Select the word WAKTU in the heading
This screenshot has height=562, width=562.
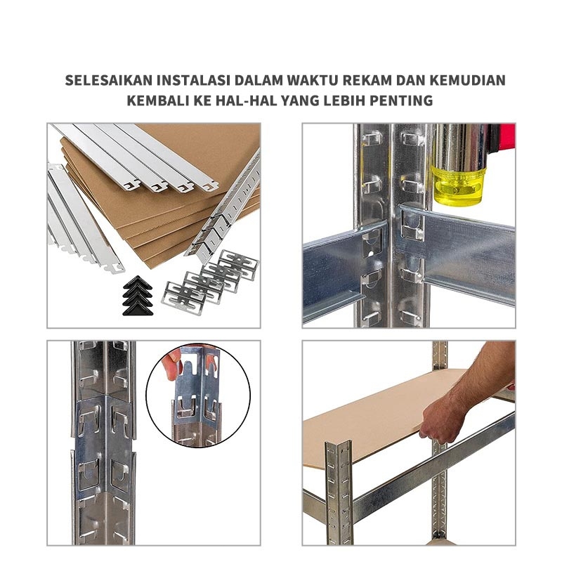(313, 80)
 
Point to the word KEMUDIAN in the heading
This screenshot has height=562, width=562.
(468, 80)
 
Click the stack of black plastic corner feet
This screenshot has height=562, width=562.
(138, 296)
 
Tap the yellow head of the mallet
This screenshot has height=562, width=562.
(458, 185)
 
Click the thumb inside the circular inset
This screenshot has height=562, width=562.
(171, 365)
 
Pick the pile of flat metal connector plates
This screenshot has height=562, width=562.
(210, 282)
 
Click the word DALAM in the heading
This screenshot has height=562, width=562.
(259, 80)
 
